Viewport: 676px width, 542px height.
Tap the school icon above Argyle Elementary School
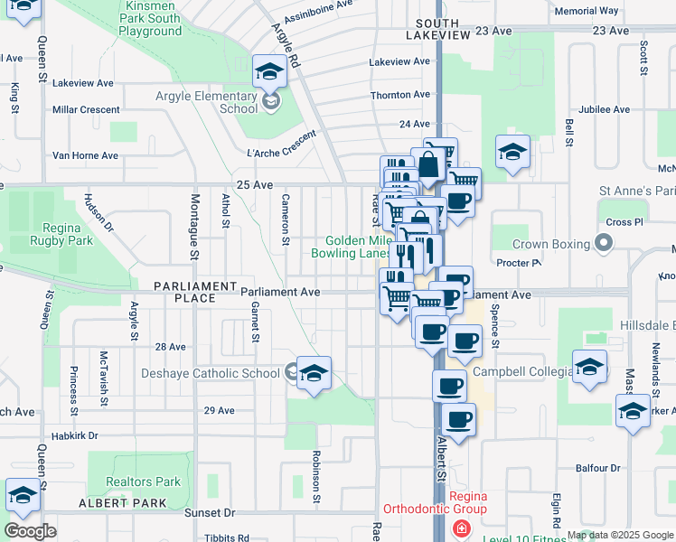coord(269,71)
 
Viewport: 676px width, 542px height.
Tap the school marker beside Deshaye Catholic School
coord(314,373)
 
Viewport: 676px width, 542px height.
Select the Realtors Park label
coord(143,482)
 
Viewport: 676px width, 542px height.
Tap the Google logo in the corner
coord(30,531)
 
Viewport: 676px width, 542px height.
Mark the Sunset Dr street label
coord(211,512)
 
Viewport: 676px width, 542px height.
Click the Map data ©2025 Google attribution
coord(620,535)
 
